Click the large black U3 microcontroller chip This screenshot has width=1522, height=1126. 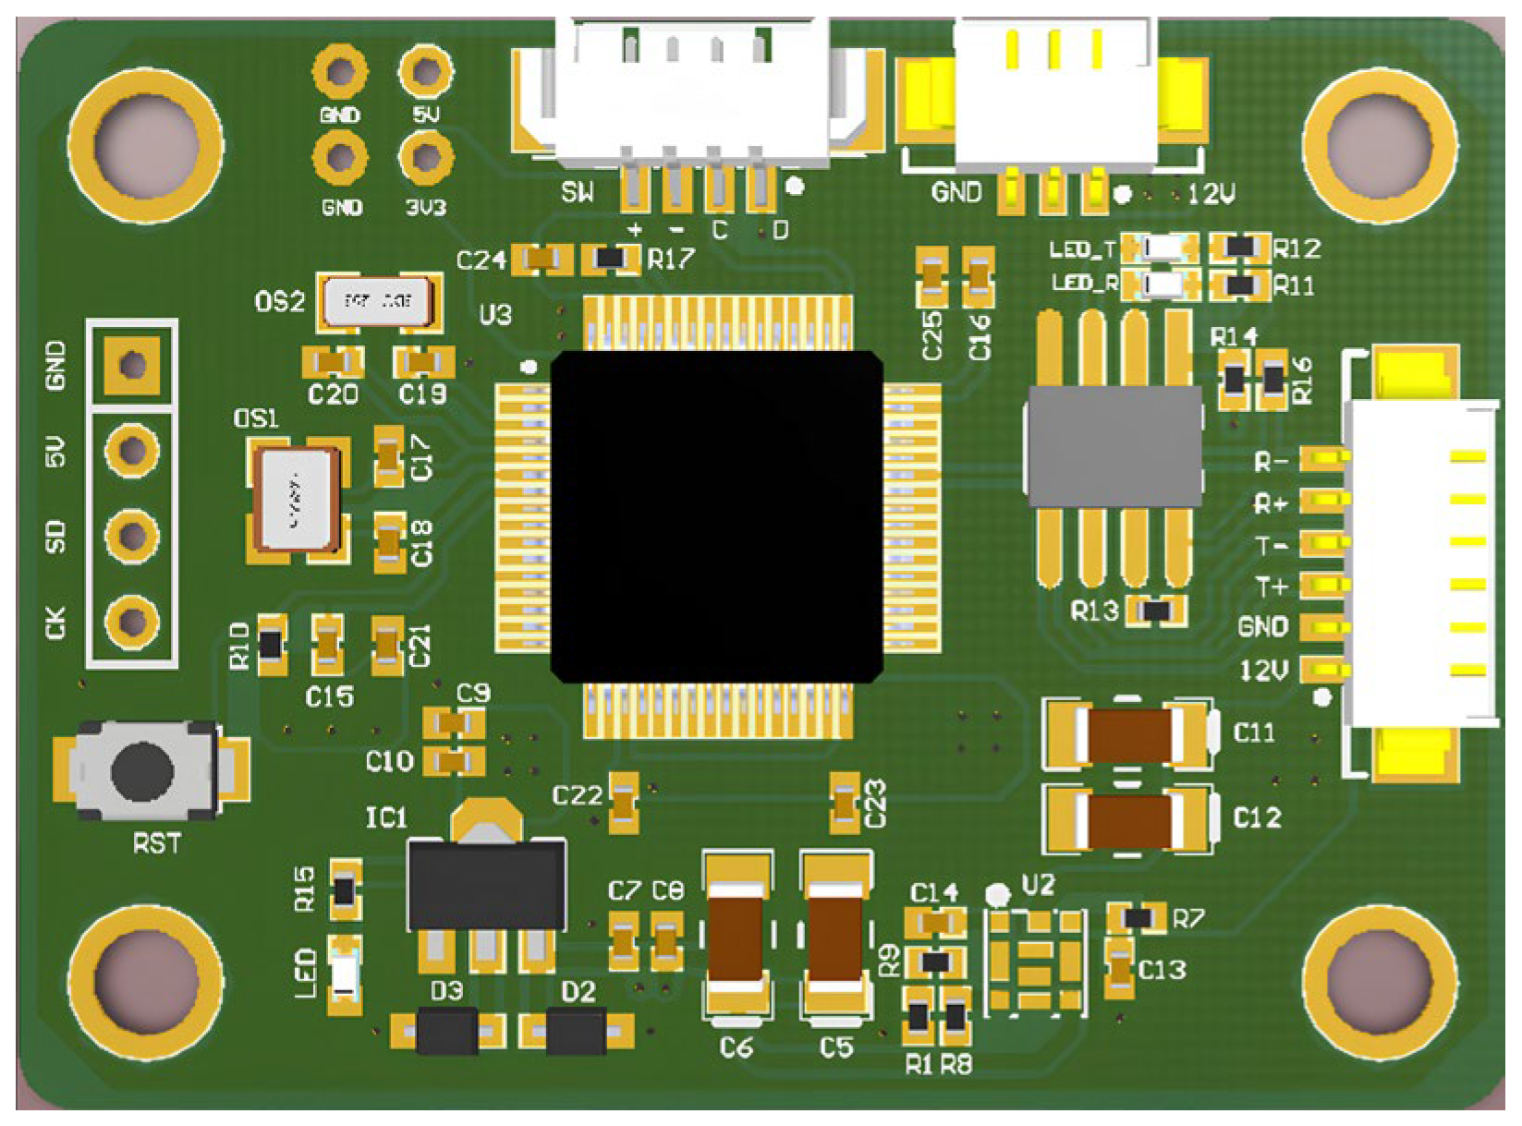pyautogui.click(x=716, y=515)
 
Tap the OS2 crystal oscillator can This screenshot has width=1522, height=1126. pyautogui.click(x=377, y=301)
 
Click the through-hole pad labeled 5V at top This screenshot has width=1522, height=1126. pyautogui.click(x=425, y=71)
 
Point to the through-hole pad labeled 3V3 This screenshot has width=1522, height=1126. pyautogui.click(x=425, y=158)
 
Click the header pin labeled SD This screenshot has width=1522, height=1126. pyautogui.click(x=132, y=535)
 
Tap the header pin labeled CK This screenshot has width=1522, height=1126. pyautogui.click(x=132, y=620)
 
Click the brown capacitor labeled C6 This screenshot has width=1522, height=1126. pyautogui.click(x=736, y=937)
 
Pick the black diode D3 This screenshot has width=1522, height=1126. pyautogui.click(x=447, y=1030)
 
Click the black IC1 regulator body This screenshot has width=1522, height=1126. pyautogui.click(x=487, y=883)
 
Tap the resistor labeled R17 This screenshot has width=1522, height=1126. pyautogui.click(x=611, y=260)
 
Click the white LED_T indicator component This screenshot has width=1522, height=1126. pyautogui.click(x=1162, y=248)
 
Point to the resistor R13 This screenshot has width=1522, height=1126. pyautogui.click(x=1156, y=611)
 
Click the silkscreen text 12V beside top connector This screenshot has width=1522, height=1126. pyautogui.click(x=1212, y=194)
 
